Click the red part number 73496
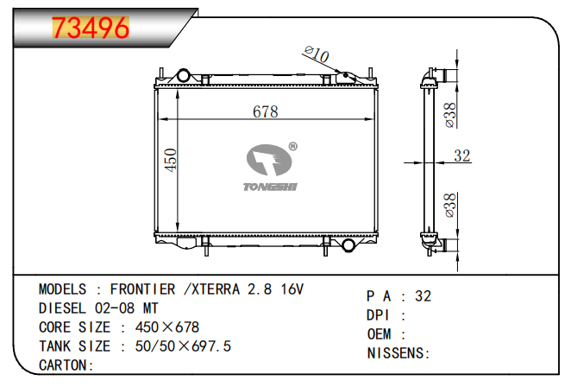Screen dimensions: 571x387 pyautogui.click(x=91, y=28)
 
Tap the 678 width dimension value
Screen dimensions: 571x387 pyautogui.click(x=266, y=111)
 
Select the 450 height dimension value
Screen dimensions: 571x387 pyautogui.click(x=171, y=160)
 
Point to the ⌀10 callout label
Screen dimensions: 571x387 pyautogui.click(x=317, y=54)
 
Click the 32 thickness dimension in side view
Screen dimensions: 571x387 pyautogui.click(x=462, y=155)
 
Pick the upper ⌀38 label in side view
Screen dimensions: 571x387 pyautogui.click(x=450, y=115)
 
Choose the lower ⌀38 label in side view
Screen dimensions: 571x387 pyautogui.click(x=450, y=206)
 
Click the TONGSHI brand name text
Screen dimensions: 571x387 pyautogui.click(x=270, y=187)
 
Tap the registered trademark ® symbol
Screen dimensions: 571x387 pyautogui.click(x=292, y=147)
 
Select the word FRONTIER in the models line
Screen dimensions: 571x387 pyautogui.click(x=143, y=289)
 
